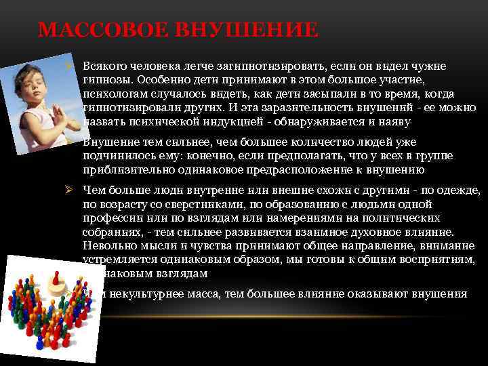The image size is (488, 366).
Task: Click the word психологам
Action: pyautogui.click(x=110, y=94)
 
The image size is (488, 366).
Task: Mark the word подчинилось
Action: pyautogui.click(x=115, y=156)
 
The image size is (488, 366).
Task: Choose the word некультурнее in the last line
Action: pyautogui.click(x=145, y=293)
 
